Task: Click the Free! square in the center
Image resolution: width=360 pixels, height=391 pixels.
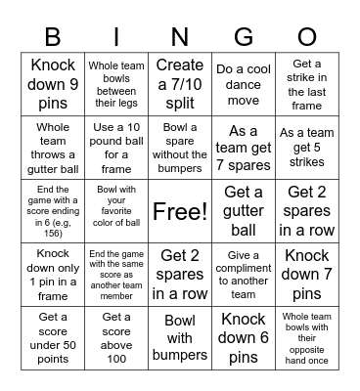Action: click(180, 210)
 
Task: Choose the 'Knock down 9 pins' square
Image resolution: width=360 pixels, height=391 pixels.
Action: click(53, 83)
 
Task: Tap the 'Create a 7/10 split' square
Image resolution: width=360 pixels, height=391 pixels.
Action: click(180, 83)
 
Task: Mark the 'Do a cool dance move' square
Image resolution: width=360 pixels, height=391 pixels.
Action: click(244, 83)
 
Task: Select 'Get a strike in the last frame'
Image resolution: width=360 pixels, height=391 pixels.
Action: click(307, 83)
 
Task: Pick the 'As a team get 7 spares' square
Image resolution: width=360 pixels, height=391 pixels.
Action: click(244, 147)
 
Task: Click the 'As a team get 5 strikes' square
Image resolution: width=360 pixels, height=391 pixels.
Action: click(307, 147)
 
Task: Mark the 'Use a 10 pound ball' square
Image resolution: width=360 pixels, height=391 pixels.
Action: click(116, 147)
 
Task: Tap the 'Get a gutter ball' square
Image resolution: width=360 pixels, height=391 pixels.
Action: click(244, 210)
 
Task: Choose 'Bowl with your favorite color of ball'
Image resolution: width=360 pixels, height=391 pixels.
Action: click(116, 210)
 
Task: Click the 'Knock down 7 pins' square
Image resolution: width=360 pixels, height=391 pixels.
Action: click(307, 274)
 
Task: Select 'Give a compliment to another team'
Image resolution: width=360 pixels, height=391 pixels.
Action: click(244, 274)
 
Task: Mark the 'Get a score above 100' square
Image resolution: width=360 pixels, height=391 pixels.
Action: click(116, 337)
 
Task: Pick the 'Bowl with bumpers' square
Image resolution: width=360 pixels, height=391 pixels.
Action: click(180, 337)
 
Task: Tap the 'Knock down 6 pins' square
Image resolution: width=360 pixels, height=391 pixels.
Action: click(244, 337)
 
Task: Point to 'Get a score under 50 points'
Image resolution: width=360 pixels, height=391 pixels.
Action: click(53, 337)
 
